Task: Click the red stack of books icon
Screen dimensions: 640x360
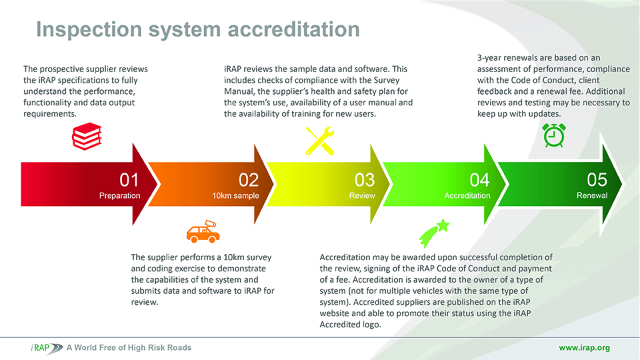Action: [x=87, y=136]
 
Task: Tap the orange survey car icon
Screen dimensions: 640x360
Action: [x=203, y=232]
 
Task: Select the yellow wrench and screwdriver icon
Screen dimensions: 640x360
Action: [x=320, y=141]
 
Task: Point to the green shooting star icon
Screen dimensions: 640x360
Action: [x=434, y=233]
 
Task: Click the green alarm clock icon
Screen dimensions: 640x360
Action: [x=554, y=135]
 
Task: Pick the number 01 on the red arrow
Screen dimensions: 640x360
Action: [x=129, y=180]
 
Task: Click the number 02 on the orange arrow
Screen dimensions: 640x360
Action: [x=249, y=180]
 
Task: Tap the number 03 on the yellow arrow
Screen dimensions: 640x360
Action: [x=365, y=180]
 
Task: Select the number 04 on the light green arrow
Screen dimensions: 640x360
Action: [x=479, y=180]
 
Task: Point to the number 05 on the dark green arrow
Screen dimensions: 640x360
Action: [x=597, y=179]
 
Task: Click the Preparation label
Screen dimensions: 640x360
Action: [x=119, y=196]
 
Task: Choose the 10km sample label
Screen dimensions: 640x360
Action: [x=235, y=196]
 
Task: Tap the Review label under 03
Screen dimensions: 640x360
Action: [x=362, y=195]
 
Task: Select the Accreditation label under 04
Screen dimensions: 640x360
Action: [x=467, y=195]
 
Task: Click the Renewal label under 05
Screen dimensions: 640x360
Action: [x=592, y=195]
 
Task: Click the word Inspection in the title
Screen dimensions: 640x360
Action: [x=89, y=30]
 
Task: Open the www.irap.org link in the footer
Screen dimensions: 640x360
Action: [x=585, y=348]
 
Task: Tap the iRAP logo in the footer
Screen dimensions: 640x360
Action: [x=47, y=348]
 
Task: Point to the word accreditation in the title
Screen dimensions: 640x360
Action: [x=293, y=29]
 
